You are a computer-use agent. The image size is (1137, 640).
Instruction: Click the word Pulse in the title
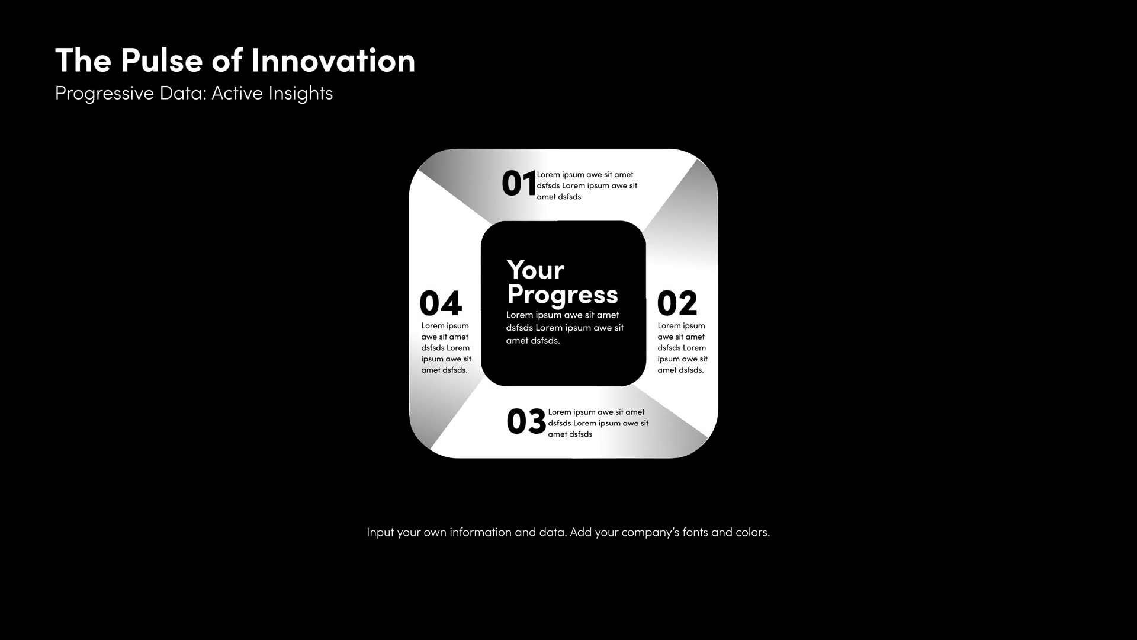click(x=161, y=61)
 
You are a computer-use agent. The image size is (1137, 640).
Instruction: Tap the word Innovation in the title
click(x=333, y=61)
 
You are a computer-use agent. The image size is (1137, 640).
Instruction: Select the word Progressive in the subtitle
click(x=104, y=94)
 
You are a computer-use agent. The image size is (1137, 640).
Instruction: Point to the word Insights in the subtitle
click(x=300, y=94)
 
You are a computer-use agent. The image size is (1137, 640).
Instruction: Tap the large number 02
click(x=677, y=303)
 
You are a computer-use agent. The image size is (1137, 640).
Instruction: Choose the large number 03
click(x=526, y=421)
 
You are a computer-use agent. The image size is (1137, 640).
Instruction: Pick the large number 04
click(x=441, y=303)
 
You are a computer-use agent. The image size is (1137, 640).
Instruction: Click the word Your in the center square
click(x=535, y=270)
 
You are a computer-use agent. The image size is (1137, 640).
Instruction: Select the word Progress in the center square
click(x=563, y=296)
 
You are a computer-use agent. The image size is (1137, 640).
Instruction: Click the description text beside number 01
click(x=587, y=186)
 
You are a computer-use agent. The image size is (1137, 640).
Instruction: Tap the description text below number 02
click(x=682, y=348)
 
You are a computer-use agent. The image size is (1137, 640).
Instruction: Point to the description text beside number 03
click(x=598, y=423)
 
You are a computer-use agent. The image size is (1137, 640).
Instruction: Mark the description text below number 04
click(x=447, y=348)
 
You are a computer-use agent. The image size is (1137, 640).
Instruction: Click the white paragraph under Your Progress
click(x=565, y=328)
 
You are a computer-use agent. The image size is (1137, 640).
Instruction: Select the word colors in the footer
click(x=753, y=532)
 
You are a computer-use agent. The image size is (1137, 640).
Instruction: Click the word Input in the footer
click(x=380, y=533)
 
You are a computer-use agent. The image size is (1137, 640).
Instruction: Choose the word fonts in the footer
click(x=695, y=532)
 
